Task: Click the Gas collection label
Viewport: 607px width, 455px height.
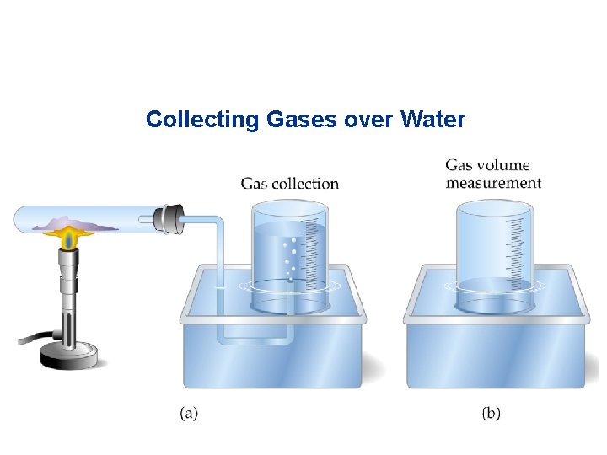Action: pos(289,184)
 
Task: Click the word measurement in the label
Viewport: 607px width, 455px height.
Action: pos(493,183)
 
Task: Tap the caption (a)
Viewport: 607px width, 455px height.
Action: pos(189,414)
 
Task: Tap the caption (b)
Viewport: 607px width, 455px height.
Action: pos(491,414)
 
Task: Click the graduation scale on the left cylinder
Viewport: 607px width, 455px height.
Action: pos(314,249)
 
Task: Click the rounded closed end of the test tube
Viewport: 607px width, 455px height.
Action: pos(19,221)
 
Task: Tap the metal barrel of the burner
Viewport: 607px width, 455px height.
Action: pos(67,295)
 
